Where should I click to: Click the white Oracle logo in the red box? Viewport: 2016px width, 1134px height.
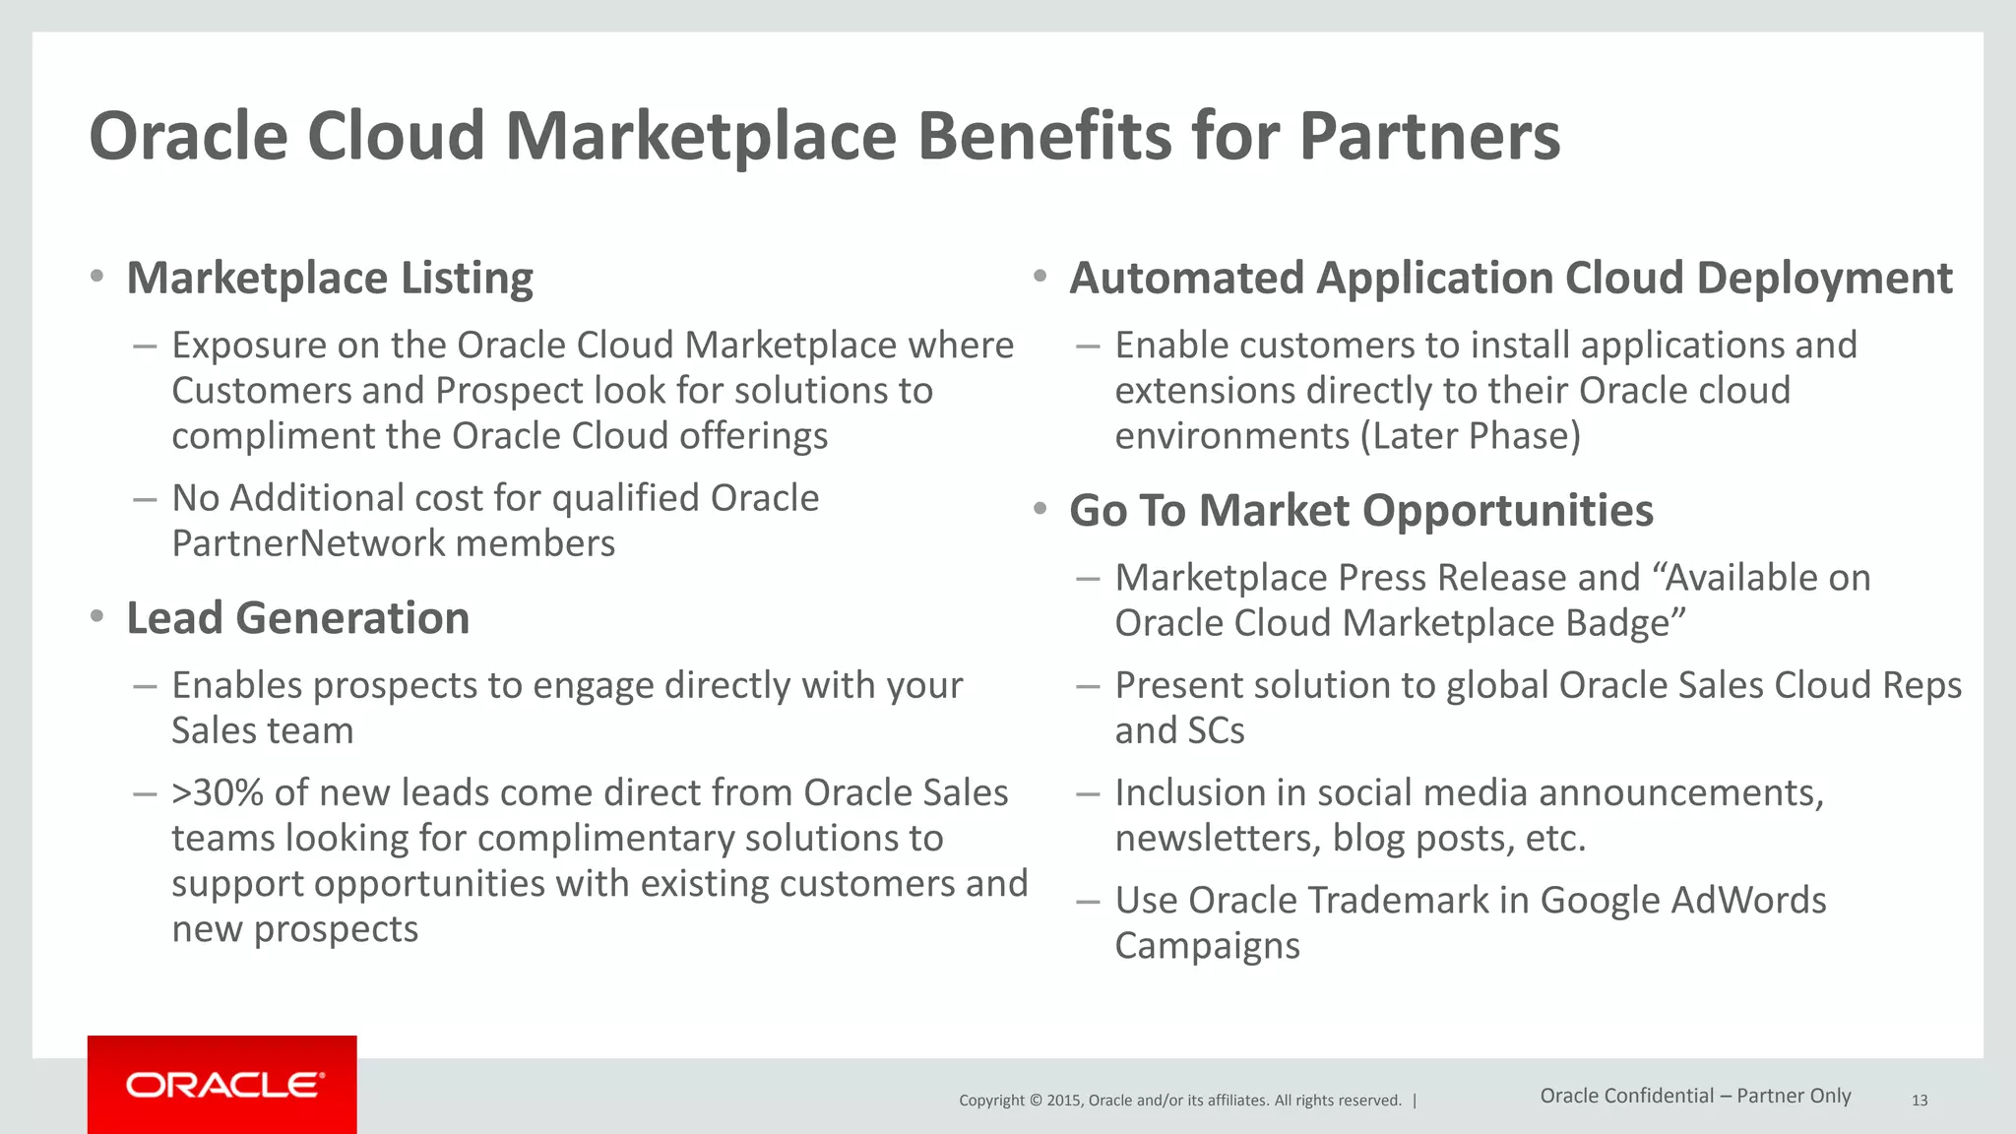(x=224, y=1085)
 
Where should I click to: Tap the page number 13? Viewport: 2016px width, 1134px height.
(x=1919, y=1101)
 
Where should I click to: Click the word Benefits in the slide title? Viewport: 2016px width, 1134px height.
(x=1044, y=136)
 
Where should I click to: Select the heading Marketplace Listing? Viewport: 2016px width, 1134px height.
(x=330, y=279)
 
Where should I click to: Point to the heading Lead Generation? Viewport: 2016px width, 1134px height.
(x=297, y=619)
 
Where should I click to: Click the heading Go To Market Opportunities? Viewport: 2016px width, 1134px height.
(x=1360, y=511)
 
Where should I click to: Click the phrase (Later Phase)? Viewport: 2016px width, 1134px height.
(x=1470, y=436)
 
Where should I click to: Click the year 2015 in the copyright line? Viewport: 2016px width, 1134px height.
(x=1063, y=1101)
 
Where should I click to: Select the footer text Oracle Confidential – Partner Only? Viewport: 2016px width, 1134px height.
(x=1695, y=1096)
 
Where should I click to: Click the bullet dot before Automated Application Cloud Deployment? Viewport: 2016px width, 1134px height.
(x=1039, y=277)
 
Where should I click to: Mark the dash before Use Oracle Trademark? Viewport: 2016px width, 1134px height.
(x=1088, y=901)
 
